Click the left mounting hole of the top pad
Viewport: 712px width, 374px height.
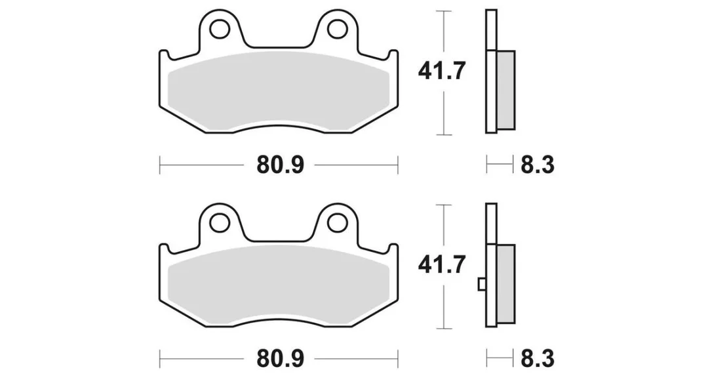tap(220, 29)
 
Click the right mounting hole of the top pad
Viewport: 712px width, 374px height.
tap(337, 29)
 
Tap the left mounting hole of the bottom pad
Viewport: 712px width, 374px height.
tap(220, 222)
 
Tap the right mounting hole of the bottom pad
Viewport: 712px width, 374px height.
tap(337, 222)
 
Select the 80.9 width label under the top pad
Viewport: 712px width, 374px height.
tap(280, 165)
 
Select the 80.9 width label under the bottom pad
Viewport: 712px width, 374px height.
tap(280, 358)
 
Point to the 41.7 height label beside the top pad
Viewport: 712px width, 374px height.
tap(442, 72)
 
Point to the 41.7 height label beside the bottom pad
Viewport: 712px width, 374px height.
tap(442, 265)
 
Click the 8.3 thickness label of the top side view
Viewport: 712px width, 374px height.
tap(537, 165)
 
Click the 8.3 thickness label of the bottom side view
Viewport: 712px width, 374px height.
tap(537, 358)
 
